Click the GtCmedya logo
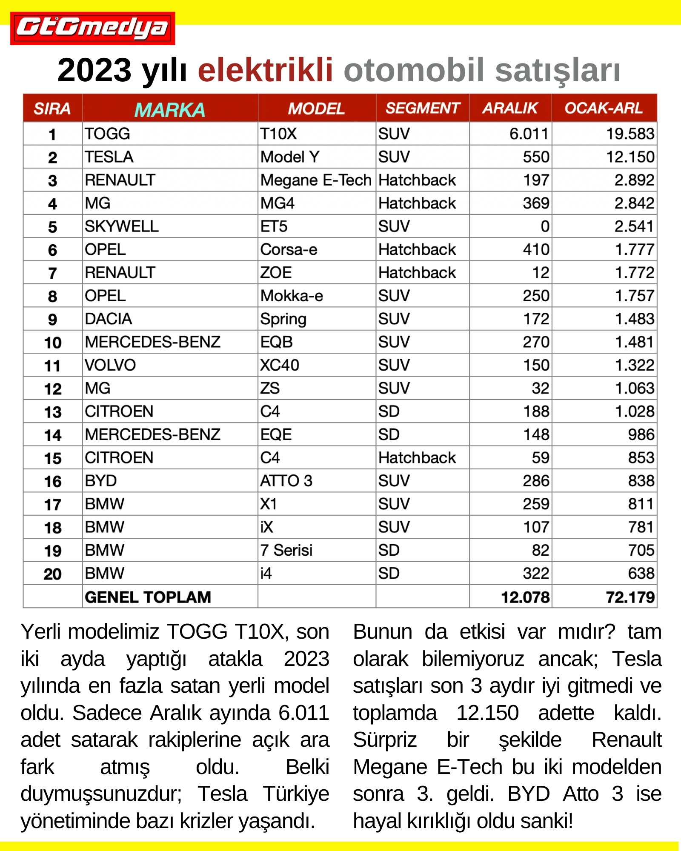[92, 28]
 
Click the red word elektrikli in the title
[265, 70]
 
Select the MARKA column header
[170, 109]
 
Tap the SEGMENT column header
[422, 108]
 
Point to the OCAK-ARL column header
[604, 108]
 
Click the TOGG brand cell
[107, 134]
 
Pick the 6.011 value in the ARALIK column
[529, 134]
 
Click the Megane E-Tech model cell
[316, 180]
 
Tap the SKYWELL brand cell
[122, 226]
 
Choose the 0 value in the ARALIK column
[545, 226]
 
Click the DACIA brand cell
[109, 319]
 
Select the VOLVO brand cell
[110, 365]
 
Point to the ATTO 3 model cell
[286, 481]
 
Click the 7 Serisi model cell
[286, 550]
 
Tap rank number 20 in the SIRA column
[52, 574]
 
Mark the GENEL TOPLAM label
[148, 597]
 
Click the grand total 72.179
[630, 597]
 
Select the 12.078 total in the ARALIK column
[525, 597]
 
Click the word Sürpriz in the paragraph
[385, 740]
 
